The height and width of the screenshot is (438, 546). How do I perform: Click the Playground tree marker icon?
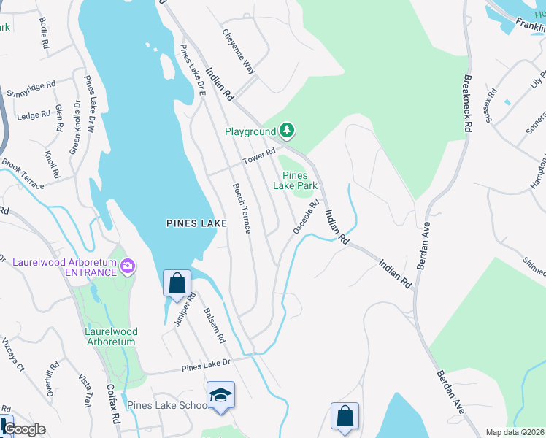tap(288, 131)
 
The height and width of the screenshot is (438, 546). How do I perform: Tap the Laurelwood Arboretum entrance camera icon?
tap(129, 266)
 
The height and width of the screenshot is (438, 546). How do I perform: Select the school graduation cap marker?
tap(220, 395)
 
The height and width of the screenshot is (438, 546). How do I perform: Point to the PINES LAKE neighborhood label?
tap(196, 223)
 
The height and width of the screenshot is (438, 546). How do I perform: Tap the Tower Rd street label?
tap(259, 155)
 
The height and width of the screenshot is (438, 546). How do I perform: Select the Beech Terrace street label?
tap(242, 208)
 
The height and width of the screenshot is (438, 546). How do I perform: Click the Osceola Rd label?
tap(307, 217)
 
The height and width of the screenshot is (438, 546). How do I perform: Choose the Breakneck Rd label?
tap(466, 101)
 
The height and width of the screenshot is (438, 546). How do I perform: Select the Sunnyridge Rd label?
tap(31, 89)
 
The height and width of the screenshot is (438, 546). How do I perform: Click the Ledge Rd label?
tap(32, 115)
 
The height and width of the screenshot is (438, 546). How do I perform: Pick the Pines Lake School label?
tap(167, 406)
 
